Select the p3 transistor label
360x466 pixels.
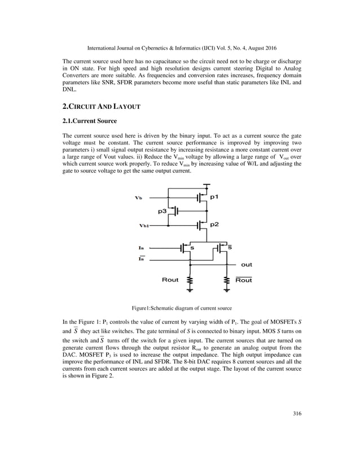click(163, 210)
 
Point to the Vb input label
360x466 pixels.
click(139, 198)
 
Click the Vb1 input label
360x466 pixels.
click(144, 225)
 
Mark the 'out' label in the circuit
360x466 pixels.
click(247, 264)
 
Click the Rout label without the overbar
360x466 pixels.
click(170, 280)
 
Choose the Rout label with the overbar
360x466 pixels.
click(244, 280)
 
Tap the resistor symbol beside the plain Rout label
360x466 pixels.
click(190, 281)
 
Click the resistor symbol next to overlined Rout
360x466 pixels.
click(227, 281)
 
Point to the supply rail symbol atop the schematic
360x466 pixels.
click(208, 184)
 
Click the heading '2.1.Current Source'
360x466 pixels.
click(89, 121)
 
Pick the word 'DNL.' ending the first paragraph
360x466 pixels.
click(70, 90)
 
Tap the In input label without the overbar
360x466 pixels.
click(141, 248)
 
